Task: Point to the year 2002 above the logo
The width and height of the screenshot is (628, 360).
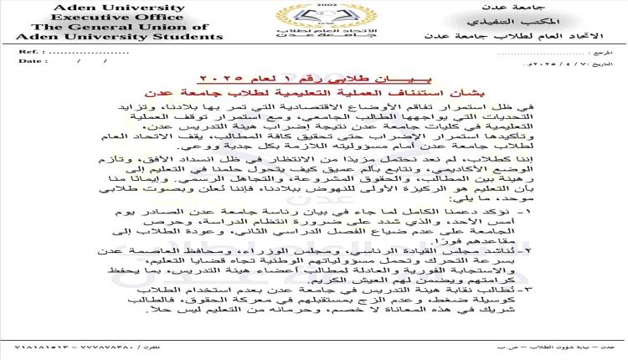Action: tap(314, 5)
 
